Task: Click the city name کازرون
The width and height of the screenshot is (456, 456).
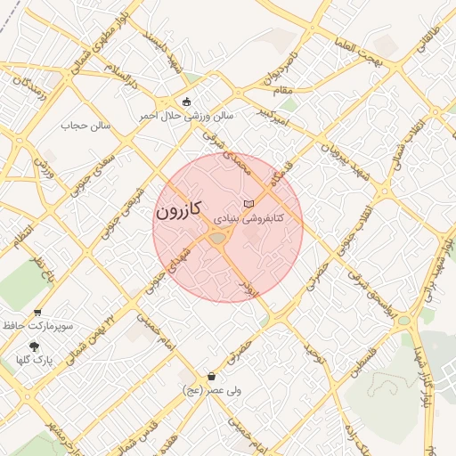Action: tap(178, 212)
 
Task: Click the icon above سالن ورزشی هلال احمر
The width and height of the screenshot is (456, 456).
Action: tap(185, 102)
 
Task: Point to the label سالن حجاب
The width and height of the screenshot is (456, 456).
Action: tap(85, 126)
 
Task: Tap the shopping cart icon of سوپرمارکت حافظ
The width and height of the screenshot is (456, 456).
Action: tap(37, 313)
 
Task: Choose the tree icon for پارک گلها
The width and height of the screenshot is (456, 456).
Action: tap(35, 346)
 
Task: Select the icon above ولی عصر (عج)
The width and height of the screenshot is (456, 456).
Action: tap(211, 376)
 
